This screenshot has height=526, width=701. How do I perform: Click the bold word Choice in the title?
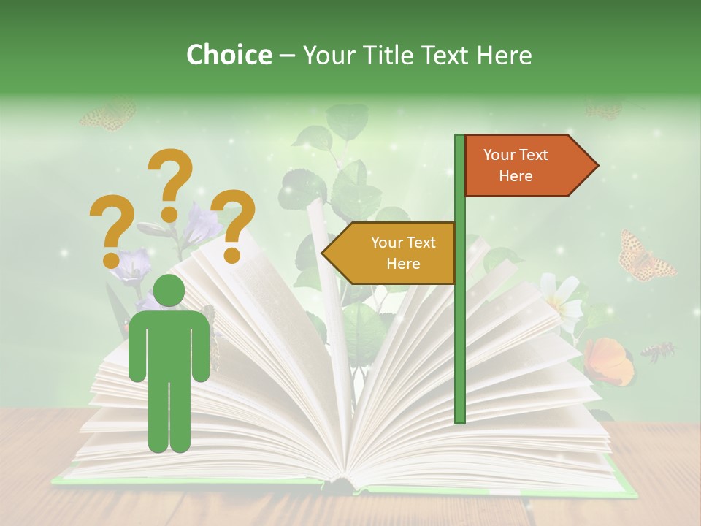coord(229,55)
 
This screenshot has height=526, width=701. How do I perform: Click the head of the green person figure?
coord(169,291)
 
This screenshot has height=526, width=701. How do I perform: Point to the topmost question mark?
coord(171,183)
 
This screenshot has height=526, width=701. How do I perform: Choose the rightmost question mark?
coord(234,225)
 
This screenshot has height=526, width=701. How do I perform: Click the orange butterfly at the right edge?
coord(644,257)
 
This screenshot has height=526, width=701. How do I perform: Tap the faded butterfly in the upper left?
coord(108,115)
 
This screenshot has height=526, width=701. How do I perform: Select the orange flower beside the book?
coord(608,361)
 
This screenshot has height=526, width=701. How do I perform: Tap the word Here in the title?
coord(504,55)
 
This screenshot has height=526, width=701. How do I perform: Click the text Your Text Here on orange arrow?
coord(516,165)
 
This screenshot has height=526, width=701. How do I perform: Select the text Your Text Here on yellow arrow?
coord(403,253)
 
